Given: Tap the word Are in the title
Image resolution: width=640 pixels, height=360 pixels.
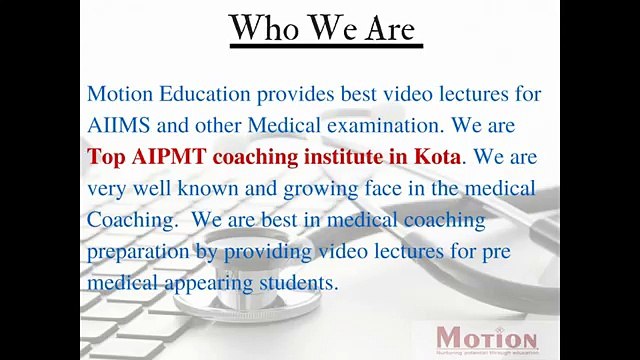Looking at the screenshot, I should point(385,28).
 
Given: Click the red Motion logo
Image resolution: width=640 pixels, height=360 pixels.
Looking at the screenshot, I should point(487,337).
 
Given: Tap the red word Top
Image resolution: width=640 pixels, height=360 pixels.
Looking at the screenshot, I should point(105,157).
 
